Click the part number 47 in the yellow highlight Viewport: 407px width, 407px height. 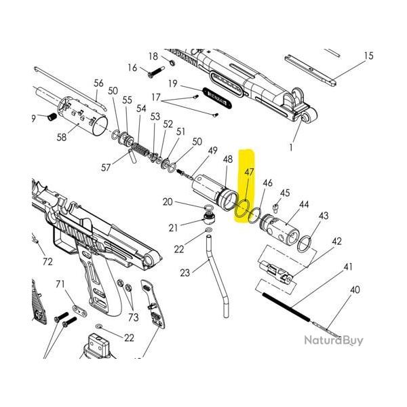click(x=249, y=172)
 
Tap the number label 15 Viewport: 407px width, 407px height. click(x=368, y=56)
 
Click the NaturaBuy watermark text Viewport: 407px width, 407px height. click(x=333, y=341)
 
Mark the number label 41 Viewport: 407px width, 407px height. click(x=348, y=267)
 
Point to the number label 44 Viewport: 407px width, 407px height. click(x=304, y=204)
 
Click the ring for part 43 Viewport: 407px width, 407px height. click(x=307, y=241)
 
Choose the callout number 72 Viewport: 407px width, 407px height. click(x=47, y=261)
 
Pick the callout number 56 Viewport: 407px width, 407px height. click(x=99, y=83)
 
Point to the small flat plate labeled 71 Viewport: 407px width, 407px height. click(x=79, y=310)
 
